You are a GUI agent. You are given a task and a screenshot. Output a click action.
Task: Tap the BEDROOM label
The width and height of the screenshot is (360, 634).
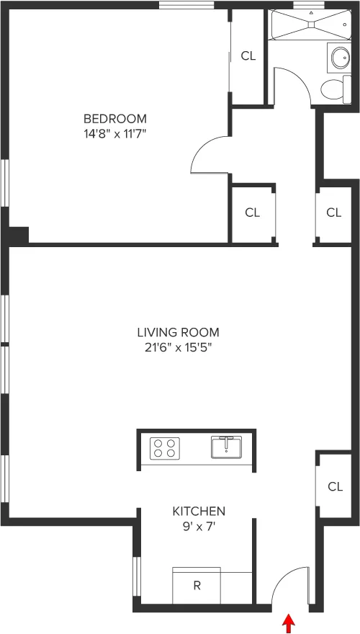point(115,119)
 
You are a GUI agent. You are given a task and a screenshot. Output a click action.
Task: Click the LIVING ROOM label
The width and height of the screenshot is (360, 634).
point(178,332)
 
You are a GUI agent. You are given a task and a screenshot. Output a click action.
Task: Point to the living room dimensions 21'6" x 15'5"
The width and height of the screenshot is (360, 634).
point(178,347)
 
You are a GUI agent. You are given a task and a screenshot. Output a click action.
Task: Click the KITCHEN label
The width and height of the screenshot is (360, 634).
point(198,511)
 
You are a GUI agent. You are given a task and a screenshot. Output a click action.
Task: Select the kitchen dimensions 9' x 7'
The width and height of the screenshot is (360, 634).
point(198,526)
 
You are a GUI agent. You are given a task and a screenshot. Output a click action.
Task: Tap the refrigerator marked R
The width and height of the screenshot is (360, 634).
point(197,585)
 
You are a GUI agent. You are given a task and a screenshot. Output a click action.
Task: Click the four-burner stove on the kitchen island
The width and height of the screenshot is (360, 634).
point(164,448)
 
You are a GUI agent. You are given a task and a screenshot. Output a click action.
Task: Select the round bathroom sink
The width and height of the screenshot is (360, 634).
point(337,57)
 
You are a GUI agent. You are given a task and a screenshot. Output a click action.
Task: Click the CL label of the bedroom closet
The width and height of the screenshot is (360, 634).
point(248,56)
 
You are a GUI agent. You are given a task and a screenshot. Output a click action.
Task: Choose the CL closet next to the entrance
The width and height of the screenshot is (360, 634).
point(335,486)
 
